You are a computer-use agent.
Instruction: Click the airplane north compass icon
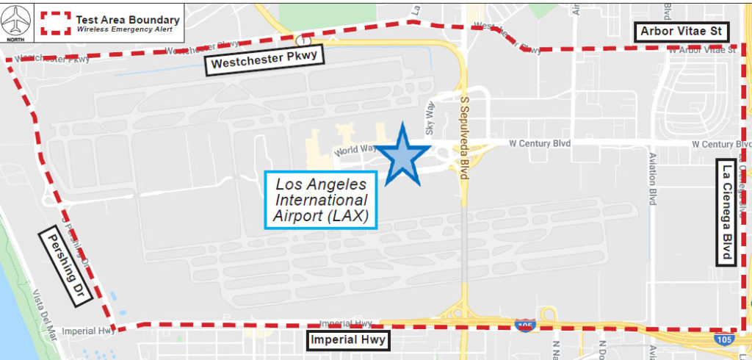(18, 17)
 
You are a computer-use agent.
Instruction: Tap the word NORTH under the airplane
(18, 32)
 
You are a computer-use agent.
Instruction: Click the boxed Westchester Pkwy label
(264, 63)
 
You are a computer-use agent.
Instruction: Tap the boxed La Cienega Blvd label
(727, 212)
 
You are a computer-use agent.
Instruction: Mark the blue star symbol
(402, 156)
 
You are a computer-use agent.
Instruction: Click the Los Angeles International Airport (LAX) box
(322, 198)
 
